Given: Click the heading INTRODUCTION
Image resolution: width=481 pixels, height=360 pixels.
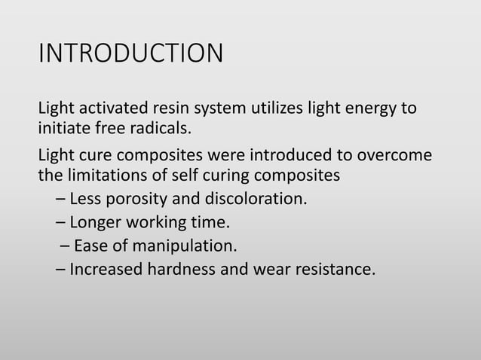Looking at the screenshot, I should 130,54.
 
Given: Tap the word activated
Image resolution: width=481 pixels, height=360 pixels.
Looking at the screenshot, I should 107,108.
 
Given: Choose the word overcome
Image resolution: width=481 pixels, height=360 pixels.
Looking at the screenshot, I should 394,156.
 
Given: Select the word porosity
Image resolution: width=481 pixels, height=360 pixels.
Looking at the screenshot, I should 132,200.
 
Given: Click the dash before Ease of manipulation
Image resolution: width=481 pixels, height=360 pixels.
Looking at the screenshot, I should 63,246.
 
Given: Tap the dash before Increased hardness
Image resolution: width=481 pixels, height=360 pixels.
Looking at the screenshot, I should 60,267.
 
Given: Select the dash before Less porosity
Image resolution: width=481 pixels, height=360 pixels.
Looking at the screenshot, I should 60,200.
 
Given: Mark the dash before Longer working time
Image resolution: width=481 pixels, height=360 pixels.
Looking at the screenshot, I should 60,223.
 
